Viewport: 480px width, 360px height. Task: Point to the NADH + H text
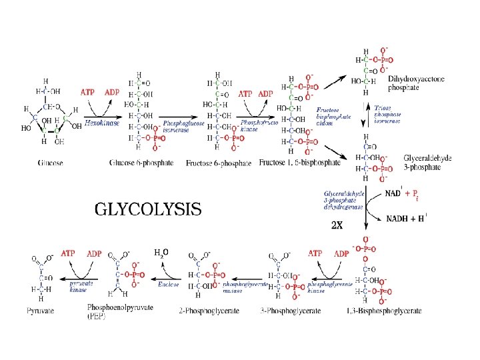tap(406, 218)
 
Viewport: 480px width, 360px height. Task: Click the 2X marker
tap(337, 225)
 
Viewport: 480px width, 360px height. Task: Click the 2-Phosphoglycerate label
tap(204, 311)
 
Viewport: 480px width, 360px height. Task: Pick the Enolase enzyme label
tap(168, 283)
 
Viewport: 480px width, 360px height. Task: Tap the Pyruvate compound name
tap(41, 311)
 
